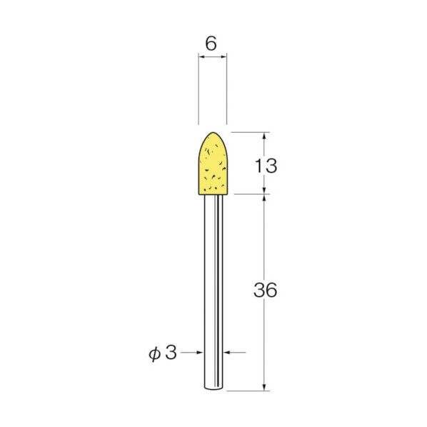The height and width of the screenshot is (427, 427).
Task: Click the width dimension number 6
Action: pos(211,44)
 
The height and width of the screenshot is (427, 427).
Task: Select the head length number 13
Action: pos(265,166)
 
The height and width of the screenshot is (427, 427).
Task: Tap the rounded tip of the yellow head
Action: pos(212,134)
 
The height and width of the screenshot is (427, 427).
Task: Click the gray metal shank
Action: pos(212,286)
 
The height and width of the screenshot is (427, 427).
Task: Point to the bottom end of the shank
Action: pos(212,388)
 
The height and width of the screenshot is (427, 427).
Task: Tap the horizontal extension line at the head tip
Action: pos(250,132)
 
